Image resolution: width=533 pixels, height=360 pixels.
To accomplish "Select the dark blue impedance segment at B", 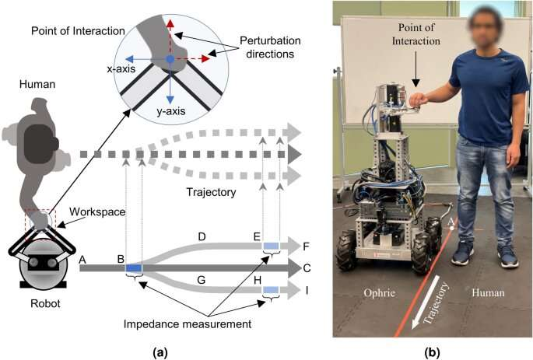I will click(x=134, y=268).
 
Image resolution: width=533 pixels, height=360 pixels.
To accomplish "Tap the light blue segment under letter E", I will click(x=271, y=246).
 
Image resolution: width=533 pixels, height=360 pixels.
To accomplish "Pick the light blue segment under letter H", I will click(x=271, y=291).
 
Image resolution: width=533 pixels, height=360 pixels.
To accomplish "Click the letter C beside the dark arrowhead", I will click(x=307, y=268).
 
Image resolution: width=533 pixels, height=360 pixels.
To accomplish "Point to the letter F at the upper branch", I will click(x=307, y=246).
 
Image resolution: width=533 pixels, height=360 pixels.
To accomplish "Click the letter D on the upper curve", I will click(x=202, y=234).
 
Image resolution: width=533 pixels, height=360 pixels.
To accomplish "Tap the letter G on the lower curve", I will click(x=202, y=278).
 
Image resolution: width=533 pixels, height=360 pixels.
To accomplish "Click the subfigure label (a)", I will click(x=161, y=352).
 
